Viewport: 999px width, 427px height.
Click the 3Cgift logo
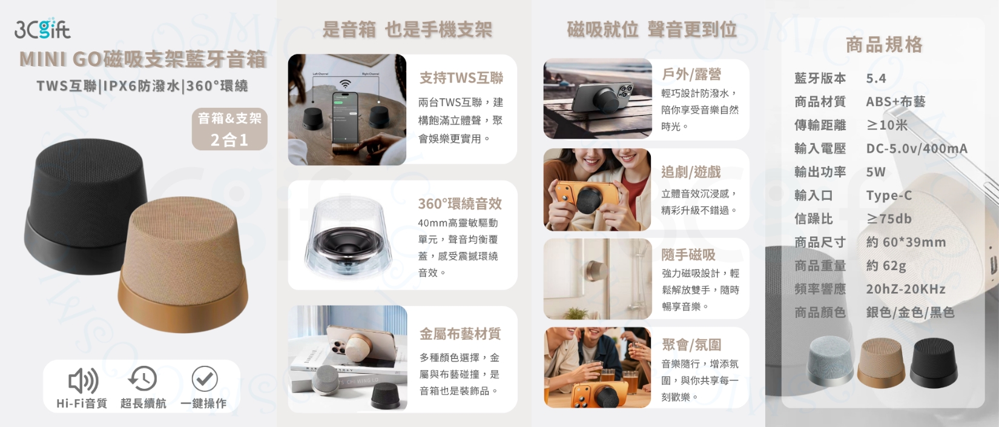42,28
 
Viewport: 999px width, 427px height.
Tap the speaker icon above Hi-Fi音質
83,380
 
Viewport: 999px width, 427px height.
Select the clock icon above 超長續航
143,379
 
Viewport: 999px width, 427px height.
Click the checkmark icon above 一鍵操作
205,379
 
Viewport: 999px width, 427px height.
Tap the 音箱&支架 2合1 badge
229,129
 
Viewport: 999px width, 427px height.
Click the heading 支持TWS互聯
461,78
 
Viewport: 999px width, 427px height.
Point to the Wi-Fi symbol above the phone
345,84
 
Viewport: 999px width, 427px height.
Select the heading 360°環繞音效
460,204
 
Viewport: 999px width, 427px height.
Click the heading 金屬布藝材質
460,334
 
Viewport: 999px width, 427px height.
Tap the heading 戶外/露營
691,74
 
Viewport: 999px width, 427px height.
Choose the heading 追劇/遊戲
691,172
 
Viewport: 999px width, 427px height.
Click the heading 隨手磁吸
688,255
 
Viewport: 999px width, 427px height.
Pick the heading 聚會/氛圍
691,345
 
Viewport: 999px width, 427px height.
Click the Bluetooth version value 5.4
876,79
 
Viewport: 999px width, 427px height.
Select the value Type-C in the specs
889,196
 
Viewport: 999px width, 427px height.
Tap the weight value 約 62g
886,266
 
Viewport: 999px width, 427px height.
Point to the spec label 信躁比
814,219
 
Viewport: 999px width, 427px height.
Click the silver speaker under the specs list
830,360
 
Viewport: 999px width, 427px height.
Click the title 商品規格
884,45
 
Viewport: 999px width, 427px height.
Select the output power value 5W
875,172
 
